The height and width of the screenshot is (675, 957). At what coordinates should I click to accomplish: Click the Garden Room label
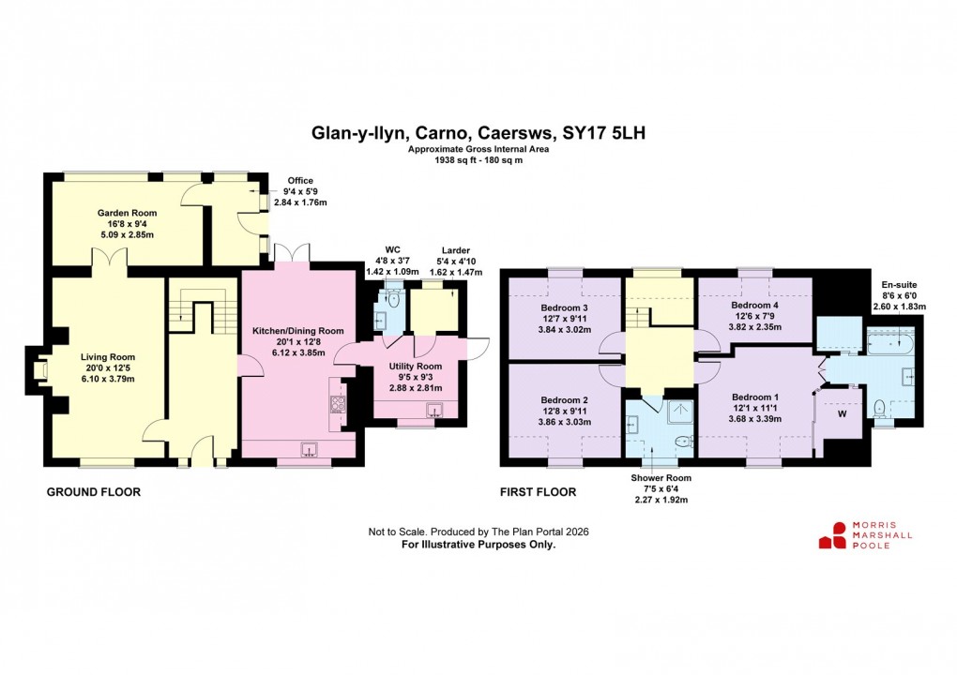tap(127, 213)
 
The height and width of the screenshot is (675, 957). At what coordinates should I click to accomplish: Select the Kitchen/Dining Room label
tap(297, 331)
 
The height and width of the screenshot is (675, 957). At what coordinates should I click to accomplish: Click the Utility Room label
tap(415, 366)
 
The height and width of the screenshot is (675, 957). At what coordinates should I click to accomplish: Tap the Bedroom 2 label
tap(565, 397)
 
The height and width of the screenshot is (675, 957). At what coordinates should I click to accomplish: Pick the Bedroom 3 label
tap(565, 308)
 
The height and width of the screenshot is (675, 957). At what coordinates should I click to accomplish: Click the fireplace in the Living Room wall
tap(39, 370)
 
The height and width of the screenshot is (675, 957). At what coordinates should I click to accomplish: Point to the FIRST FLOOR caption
tap(539, 491)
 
